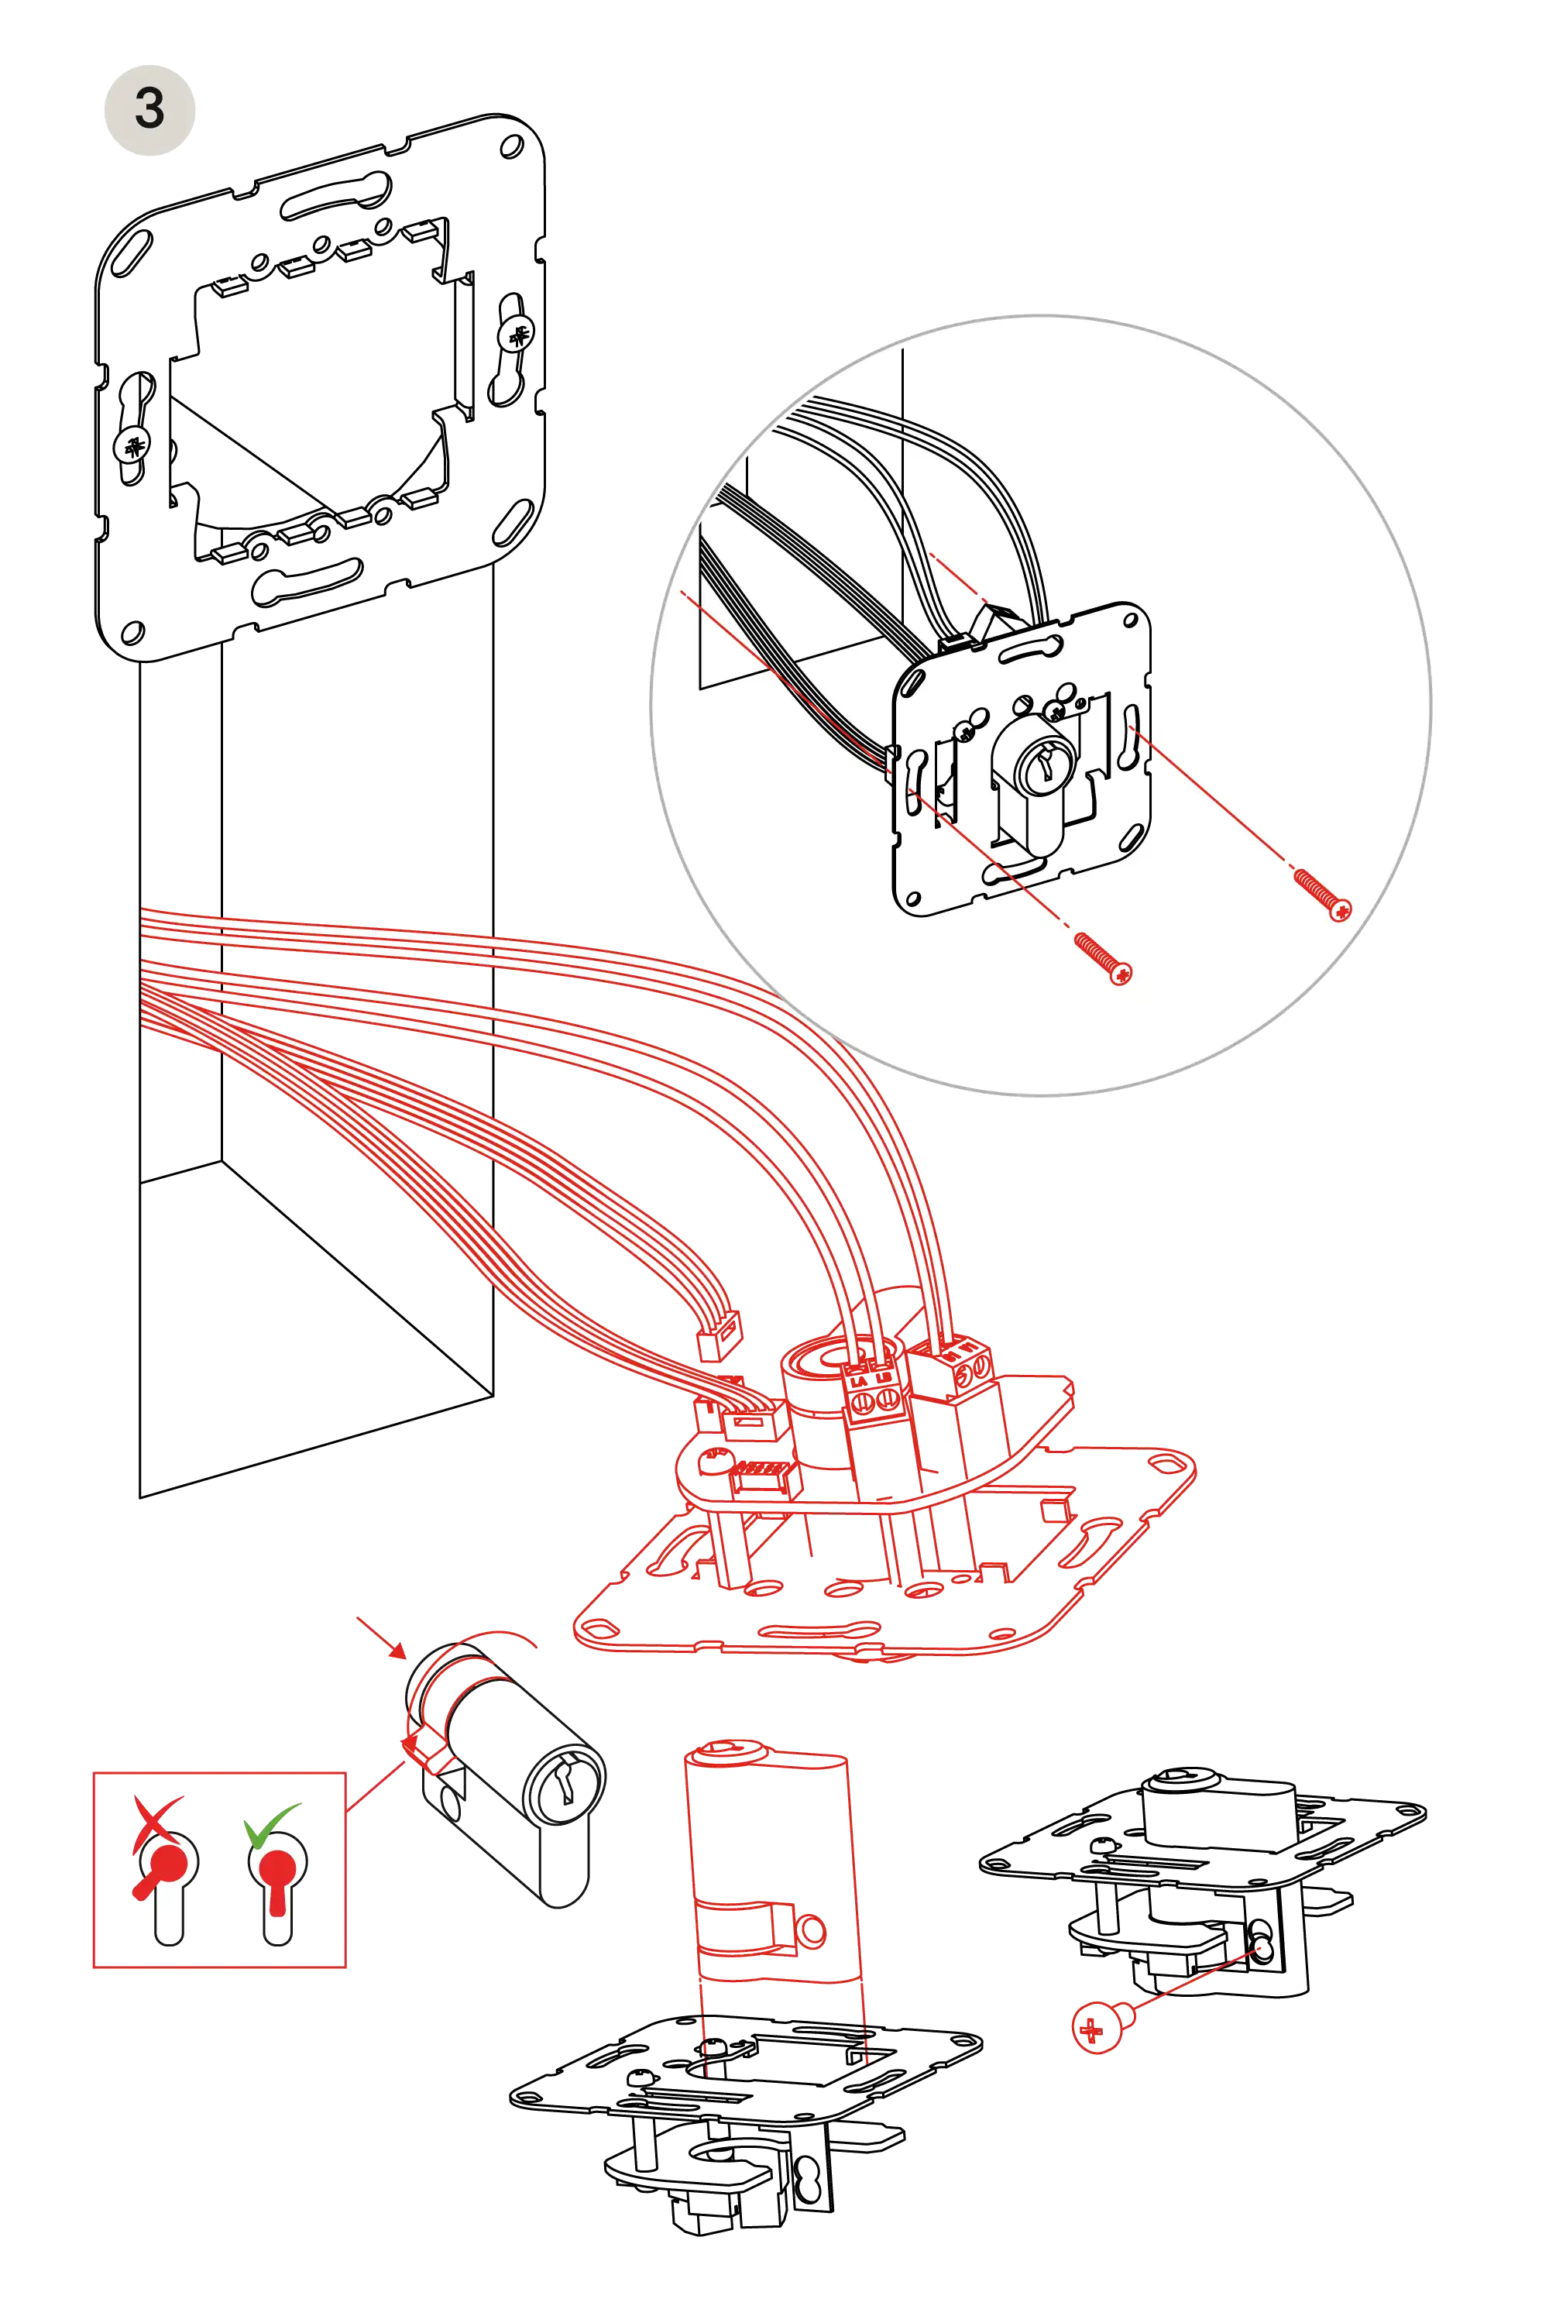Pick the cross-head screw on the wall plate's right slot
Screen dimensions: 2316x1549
pos(517,332)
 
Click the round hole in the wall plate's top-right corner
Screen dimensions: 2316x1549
pos(510,149)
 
